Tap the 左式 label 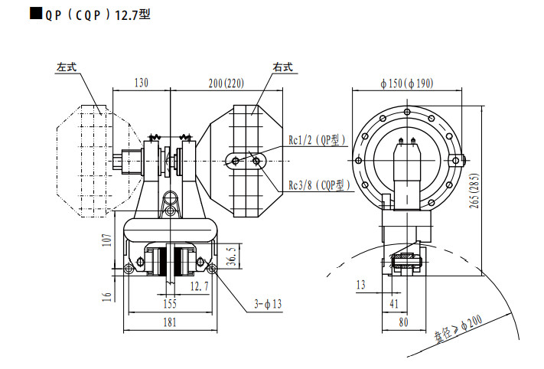pos(67,67)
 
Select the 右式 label pos(283,67)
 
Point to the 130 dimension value pos(141,83)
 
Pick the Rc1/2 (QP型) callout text pos(317,140)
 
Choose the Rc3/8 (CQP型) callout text pos(318,185)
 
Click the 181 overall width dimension pos(171,322)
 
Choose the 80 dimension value pos(403,322)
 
